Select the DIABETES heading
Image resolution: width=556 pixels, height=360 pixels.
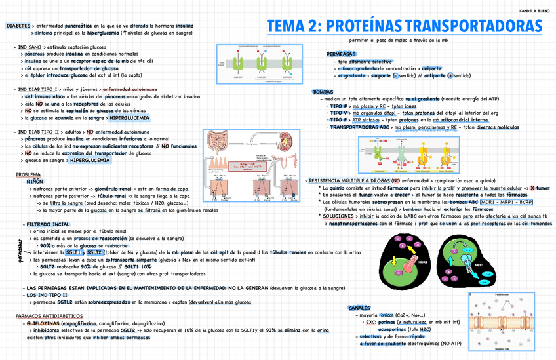pyautogui.click(x=18, y=25)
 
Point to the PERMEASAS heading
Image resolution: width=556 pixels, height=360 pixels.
pyautogui.click(x=341, y=54)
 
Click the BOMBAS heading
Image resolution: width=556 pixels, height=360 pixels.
pyautogui.click(x=324, y=92)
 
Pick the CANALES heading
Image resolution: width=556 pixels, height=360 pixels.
pyautogui.click(x=360, y=307)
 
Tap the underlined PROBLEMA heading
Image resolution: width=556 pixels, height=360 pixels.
pyautogui.click(x=28, y=174)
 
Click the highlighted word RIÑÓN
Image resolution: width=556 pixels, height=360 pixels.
pyautogui.click(x=35, y=180)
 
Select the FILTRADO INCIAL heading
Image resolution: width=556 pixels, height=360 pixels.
pyautogui.click(x=47, y=225)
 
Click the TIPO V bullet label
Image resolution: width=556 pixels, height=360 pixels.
pyautogui.click(x=340, y=113)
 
